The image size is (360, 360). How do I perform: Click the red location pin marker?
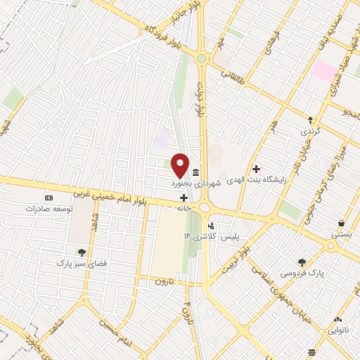[x=180, y=165]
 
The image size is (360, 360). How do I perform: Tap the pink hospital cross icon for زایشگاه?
[x=256, y=169]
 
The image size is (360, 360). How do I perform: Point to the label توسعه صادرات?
[x=49, y=209]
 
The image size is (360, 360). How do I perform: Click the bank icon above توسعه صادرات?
[x=49, y=198]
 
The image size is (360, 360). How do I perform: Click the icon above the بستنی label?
[x=341, y=223]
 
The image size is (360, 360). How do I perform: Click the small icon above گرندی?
[x=310, y=119]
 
